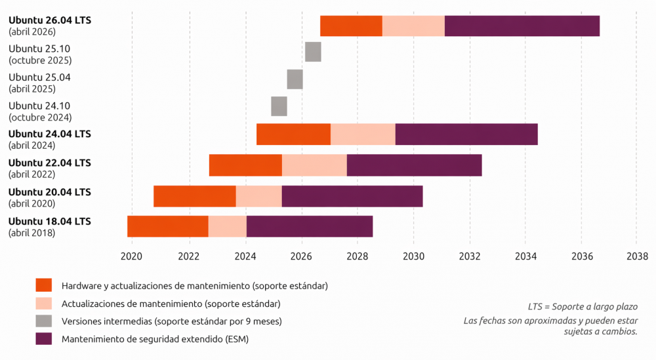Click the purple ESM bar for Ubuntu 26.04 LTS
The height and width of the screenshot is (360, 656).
pyautogui.click(x=522, y=26)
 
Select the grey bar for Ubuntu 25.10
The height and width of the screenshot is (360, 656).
pyautogui.click(x=313, y=51)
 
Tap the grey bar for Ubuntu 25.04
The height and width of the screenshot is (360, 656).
pyautogui.click(x=295, y=79)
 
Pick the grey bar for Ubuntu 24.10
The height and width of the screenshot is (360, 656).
pyautogui.click(x=279, y=106)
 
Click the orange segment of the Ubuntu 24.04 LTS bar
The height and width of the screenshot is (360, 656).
pyautogui.click(x=293, y=134)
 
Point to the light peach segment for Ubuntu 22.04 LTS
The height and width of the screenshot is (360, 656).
pyautogui.click(x=314, y=165)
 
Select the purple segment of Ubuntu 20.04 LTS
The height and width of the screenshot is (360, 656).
pyautogui.click(x=352, y=196)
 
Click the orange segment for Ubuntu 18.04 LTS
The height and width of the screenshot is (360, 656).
pyautogui.click(x=168, y=226)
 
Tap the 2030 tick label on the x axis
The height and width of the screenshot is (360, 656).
pyautogui.click(x=414, y=256)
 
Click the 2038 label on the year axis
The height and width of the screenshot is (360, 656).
pyautogui.click(x=637, y=256)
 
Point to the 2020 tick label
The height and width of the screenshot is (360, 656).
pyautogui.click(x=132, y=256)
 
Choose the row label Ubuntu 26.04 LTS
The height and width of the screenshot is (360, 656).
pyautogui.click(x=50, y=20)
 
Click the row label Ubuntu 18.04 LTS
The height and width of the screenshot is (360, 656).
pyautogui.click(x=50, y=221)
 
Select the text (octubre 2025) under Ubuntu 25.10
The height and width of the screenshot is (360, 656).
pyautogui.click(x=40, y=60)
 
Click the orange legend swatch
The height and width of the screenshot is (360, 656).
pyautogui.click(x=44, y=285)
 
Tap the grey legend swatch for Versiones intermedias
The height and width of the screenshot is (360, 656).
pyautogui.click(x=44, y=321)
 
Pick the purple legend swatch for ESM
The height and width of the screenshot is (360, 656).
pyautogui.click(x=44, y=338)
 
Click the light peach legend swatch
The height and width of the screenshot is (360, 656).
pyautogui.click(x=44, y=303)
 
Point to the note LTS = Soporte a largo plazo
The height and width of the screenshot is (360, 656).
pyautogui.click(x=583, y=306)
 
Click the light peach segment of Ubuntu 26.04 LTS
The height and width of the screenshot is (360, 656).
pyautogui.click(x=413, y=26)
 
